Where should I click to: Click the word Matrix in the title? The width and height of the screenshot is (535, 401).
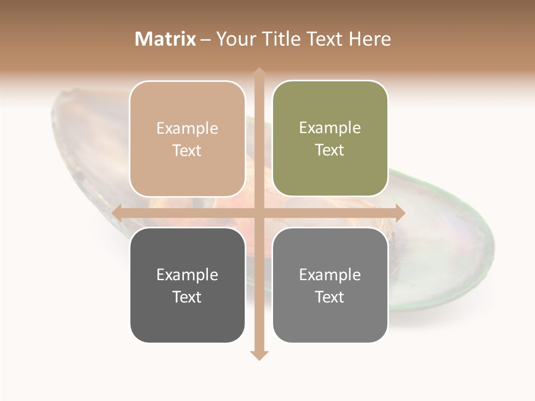(166, 39)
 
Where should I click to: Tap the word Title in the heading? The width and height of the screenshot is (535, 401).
(278, 39)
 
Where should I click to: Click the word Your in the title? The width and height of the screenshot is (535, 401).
(235, 39)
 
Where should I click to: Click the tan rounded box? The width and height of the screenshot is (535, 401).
(187, 139)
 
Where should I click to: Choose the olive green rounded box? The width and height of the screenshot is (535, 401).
(330, 139)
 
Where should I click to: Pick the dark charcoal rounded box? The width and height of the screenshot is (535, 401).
(187, 285)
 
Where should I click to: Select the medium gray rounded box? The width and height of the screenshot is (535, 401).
(330, 285)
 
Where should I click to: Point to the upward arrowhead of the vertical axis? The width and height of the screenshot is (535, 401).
(259, 73)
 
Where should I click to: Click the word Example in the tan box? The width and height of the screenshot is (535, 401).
(187, 128)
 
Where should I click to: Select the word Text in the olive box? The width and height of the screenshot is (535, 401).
(330, 150)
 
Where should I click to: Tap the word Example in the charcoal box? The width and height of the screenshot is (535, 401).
(187, 275)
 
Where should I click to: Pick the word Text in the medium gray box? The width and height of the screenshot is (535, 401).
(330, 297)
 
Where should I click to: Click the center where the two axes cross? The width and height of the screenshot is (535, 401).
(259, 212)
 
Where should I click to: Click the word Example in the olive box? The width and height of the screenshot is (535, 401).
(330, 128)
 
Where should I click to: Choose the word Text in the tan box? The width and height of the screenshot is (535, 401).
(187, 151)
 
